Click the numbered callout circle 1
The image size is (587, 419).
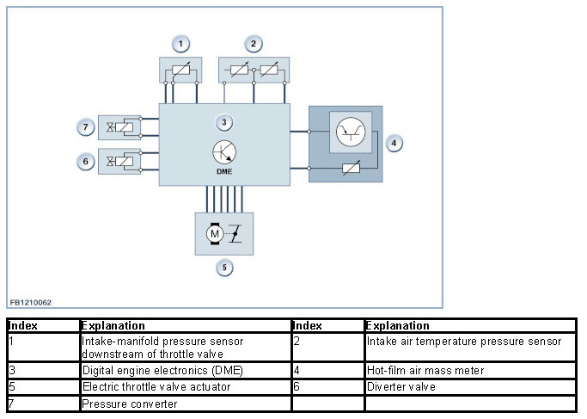pos(180,44)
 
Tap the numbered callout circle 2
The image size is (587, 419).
pos(254,44)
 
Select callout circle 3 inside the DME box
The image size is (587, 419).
pos(223,122)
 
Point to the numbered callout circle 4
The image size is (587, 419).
pos(394,143)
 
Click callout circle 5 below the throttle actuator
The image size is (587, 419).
pos(224,268)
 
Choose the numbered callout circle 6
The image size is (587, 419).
pos(85,162)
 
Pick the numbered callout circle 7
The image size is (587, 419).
pos(85,127)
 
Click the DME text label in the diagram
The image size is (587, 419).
pos(224,171)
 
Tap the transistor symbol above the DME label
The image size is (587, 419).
pos(224,152)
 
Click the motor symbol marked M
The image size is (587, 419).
pos(215,234)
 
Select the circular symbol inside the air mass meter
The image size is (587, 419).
pos(351,132)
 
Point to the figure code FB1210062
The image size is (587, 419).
pos(31,303)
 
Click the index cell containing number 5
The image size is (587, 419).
pos(44,387)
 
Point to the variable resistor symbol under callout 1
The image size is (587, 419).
pos(181,70)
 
